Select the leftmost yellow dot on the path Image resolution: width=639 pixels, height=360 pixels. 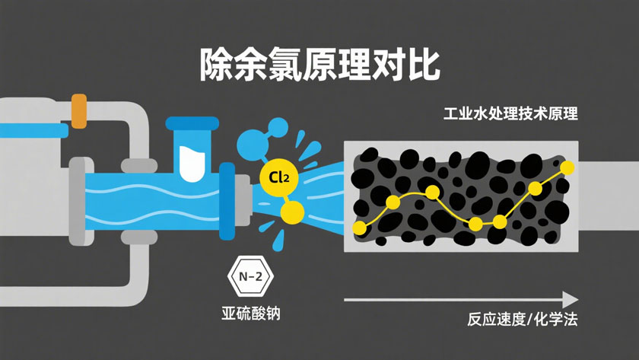coord(360,228)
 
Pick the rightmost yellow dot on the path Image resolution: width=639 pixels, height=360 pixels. coord(567,167)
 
